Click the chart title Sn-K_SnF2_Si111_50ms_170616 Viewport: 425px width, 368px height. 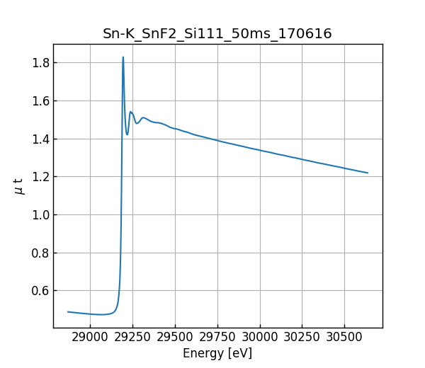[217, 33]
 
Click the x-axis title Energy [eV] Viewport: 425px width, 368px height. [217, 353]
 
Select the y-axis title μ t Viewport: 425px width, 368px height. [19, 186]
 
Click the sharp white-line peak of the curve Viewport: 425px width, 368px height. [123, 58]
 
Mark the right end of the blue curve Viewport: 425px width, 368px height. [368, 173]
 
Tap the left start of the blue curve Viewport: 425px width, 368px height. [68, 311]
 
